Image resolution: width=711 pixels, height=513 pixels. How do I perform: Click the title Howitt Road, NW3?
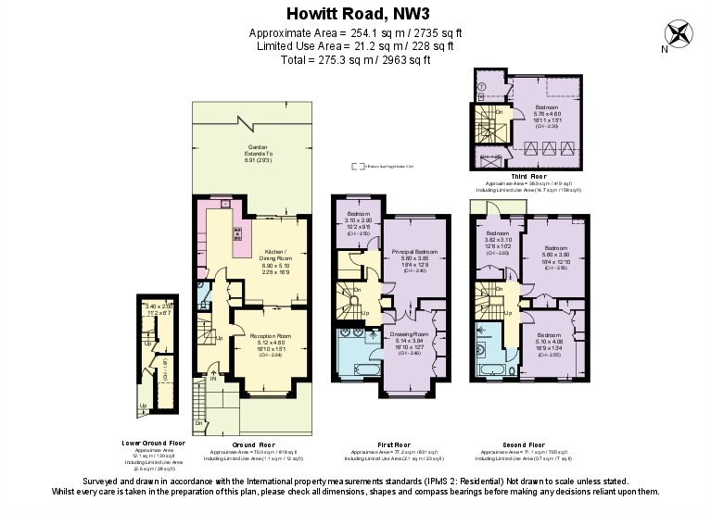(x=355, y=13)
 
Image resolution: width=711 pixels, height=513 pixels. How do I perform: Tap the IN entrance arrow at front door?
(x=212, y=376)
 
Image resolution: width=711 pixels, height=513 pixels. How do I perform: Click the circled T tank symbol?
(x=482, y=87)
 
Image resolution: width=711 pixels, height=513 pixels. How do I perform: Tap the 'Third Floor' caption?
(x=529, y=175)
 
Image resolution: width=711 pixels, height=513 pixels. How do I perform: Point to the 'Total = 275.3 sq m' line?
(x=355, y=60)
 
